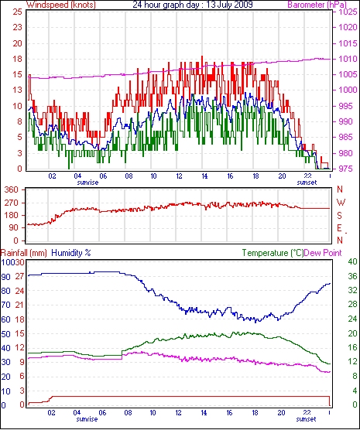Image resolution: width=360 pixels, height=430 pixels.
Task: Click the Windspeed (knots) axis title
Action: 61,5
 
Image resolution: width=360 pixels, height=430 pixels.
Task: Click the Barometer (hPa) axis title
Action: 317,5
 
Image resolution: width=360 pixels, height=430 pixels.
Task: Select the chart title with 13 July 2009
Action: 193,5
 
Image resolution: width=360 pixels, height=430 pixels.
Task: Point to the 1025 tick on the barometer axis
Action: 348,12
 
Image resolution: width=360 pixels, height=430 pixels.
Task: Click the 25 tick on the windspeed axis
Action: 17,12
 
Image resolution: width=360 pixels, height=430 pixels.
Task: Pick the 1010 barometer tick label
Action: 348,59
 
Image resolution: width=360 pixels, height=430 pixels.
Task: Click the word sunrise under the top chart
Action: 87,183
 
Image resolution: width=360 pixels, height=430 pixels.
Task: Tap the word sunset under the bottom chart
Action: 306,419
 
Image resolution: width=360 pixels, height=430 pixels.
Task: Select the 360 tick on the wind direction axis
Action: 12,189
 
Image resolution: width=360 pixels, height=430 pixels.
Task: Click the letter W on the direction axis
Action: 341,203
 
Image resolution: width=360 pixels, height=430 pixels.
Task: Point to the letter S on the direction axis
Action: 340,216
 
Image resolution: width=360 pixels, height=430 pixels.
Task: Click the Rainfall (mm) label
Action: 24,253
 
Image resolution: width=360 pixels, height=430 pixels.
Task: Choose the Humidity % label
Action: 71,253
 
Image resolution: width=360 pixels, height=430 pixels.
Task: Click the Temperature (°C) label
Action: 273,253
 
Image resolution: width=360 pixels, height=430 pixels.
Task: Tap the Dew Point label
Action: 323,253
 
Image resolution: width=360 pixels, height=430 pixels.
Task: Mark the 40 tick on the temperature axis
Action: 352,261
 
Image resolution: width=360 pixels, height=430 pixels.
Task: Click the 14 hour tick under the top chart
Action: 204,176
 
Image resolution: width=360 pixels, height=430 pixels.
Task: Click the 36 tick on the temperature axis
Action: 352,276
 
